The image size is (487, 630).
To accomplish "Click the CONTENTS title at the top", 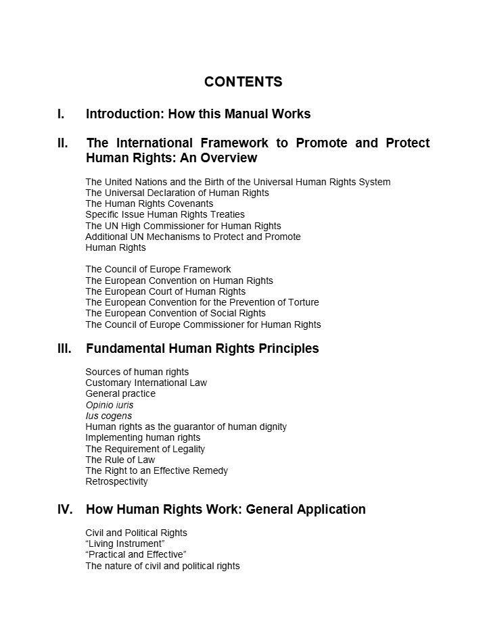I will point(243,82).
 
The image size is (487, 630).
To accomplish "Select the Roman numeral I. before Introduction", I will point(62,114).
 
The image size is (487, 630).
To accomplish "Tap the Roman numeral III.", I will point(65,349).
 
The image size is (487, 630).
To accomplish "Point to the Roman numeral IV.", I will point(66,509).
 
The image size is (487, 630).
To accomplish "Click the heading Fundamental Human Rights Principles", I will point(202,349).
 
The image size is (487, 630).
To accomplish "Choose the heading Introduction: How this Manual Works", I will point(198,114).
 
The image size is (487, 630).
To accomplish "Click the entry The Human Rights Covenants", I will point(149,203).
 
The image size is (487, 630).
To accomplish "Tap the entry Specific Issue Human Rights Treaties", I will point(165,214).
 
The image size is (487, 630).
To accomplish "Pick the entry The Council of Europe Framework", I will point(158,269).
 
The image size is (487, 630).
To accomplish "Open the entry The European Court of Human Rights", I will point(165,291).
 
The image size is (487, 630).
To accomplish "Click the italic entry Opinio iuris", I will point(109,405).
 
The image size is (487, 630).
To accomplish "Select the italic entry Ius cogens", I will point(108,416).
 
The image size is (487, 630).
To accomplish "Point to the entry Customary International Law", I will point(146,383).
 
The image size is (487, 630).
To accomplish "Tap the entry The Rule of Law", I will point(120,460).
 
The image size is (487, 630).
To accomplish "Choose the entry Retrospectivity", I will point(116,482).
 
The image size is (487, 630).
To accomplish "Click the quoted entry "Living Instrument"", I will point(125,543).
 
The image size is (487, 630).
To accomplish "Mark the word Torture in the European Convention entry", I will point(302,302).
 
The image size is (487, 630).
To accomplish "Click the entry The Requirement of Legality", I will point(145,449).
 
